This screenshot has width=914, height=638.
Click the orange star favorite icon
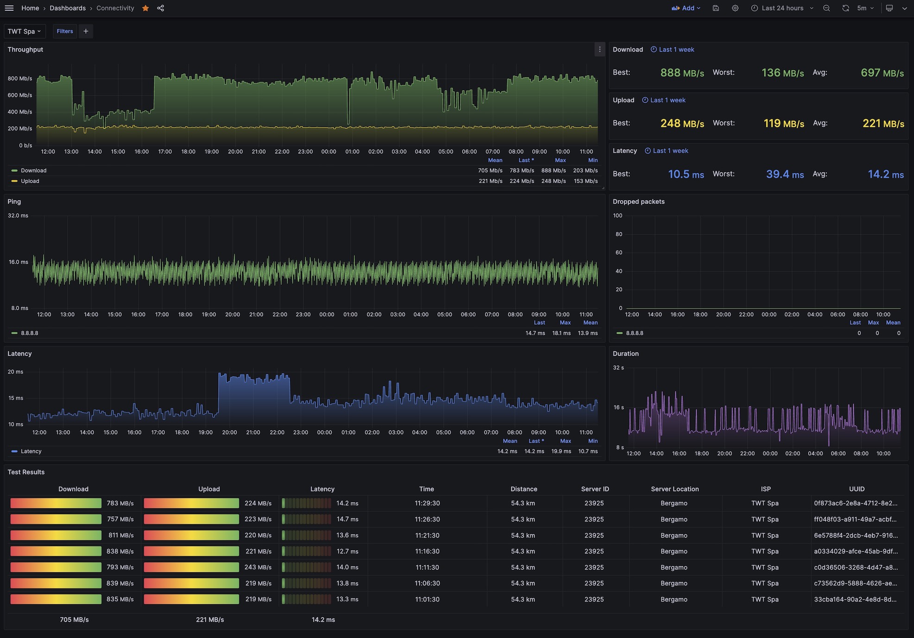(145, 8)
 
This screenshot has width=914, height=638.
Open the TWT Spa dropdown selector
(25, 31)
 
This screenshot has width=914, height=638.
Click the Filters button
(65, 31)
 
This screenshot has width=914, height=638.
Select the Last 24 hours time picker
(782, 8)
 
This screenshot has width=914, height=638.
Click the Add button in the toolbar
(686, 8)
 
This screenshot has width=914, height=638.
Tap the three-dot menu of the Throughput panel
(599, 50)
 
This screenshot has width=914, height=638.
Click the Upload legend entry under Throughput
(30, 181)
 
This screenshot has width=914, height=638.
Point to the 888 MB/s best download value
(682, 73)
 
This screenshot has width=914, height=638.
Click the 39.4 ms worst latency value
(785, 174)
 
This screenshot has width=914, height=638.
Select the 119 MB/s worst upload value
(784, 123)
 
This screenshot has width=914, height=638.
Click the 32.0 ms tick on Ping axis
(18, 215)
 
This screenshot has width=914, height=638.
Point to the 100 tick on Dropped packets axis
(618, 215)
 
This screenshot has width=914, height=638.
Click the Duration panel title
(625, 354)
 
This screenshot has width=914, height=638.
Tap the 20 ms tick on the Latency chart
(15, 372)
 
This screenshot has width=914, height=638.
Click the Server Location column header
(674, 489)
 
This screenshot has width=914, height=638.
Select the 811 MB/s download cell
(121, 535)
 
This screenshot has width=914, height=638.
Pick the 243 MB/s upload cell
(258, 567)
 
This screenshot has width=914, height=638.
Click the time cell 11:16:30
(427, 551)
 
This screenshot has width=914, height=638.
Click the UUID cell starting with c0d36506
(856, 567)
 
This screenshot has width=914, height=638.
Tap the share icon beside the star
(161, 8)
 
